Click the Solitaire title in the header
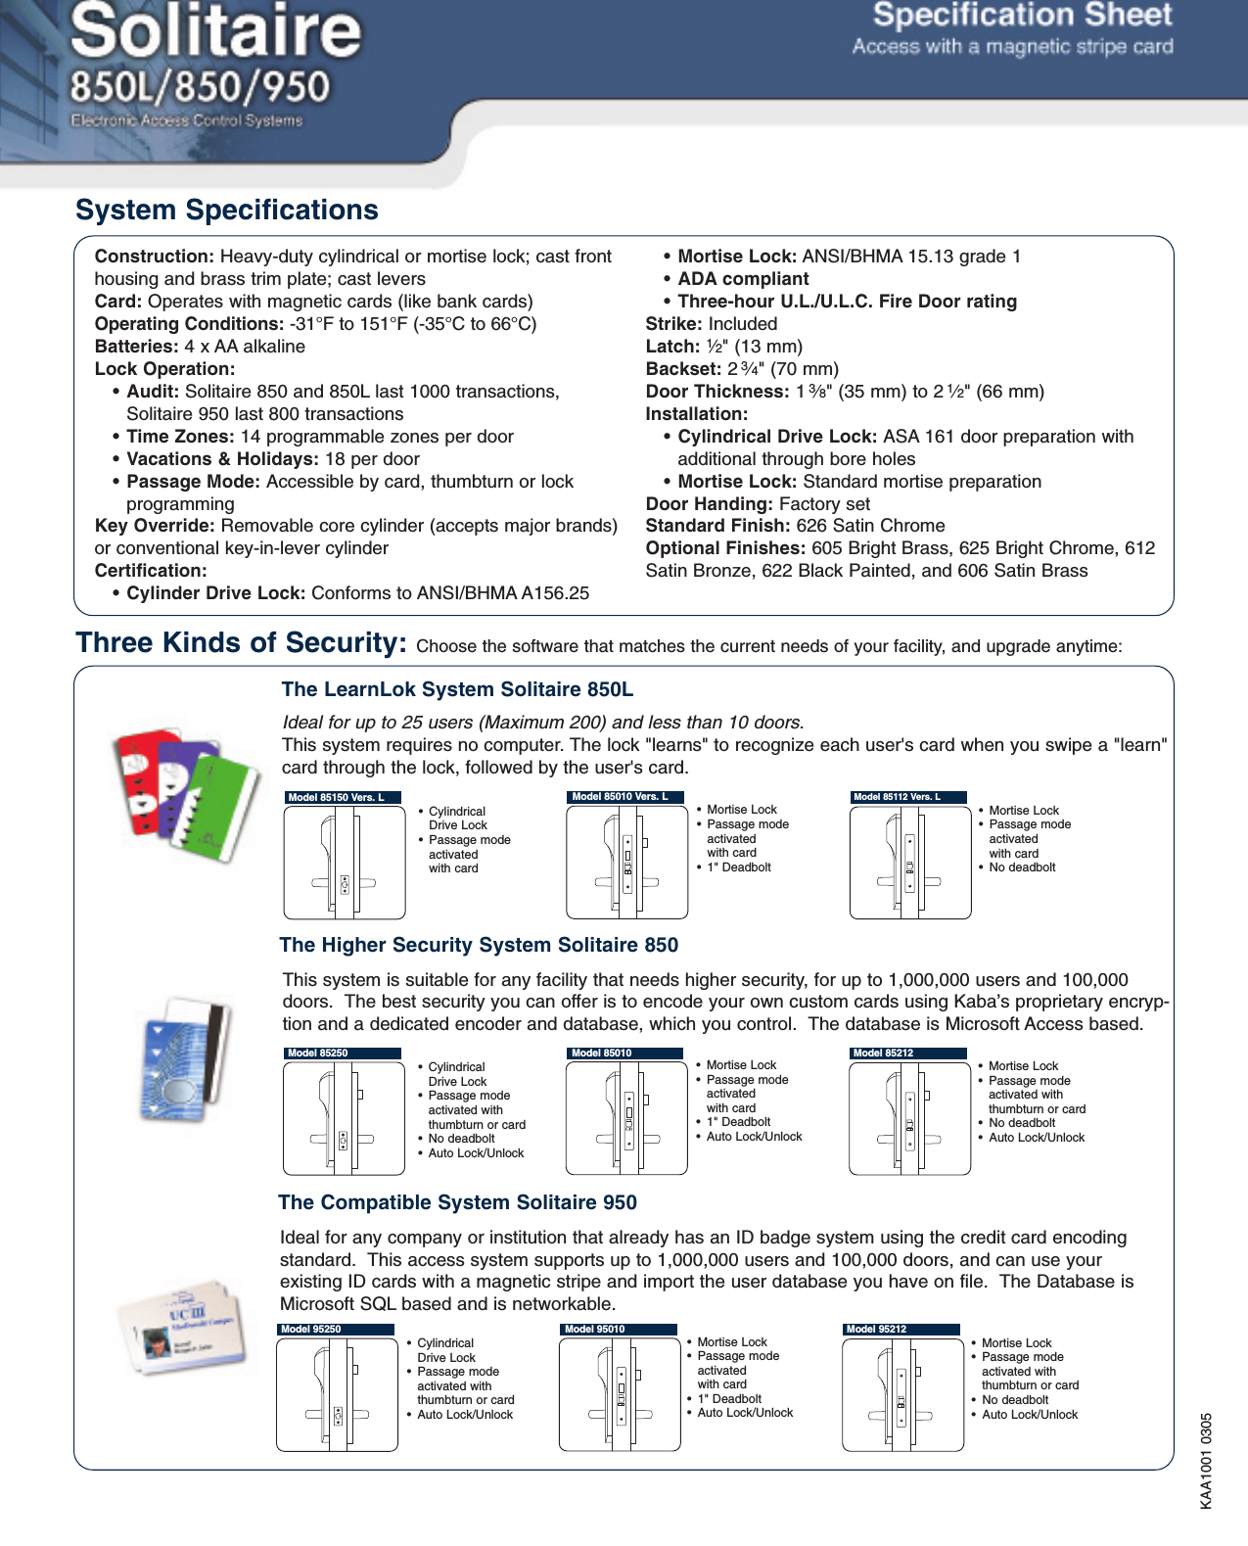coord(216,31)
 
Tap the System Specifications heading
coord(227,211)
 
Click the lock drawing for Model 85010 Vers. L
coord(626,862)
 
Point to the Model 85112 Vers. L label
coord(907,797)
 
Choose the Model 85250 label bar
coord(342,1054)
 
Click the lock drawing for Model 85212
coord(909,1118)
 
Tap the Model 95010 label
coord(619,1330)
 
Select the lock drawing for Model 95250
coord(337,1394)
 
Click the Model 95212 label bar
coord(901,1330)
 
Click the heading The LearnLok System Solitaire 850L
coord(457,690)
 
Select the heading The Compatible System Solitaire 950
coord(457,1202)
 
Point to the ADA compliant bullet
coord(743,279)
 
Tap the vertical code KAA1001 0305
coord(1206,1460)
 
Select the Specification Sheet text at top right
coord(1022,16)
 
